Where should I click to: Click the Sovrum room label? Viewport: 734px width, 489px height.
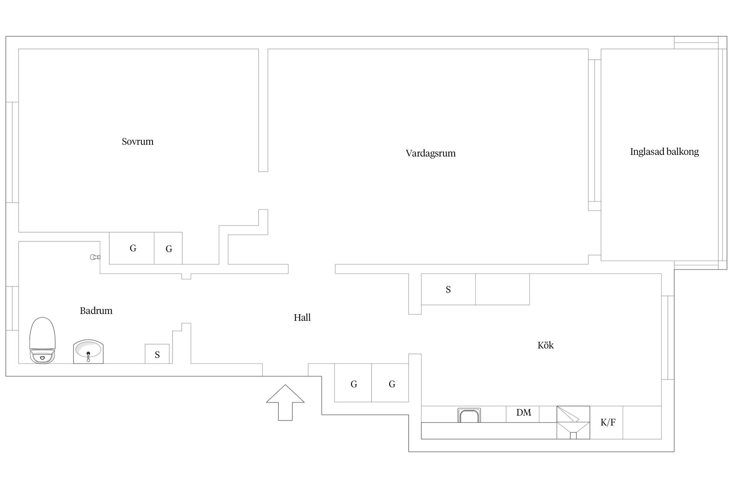[x=138, y=142]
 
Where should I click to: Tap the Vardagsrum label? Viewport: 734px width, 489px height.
[x=430, y=154]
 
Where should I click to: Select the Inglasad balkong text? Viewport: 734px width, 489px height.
[x=664, y=152]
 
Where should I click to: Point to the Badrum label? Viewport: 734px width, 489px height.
[x=96, y=311]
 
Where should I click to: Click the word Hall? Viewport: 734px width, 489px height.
[x=302, y=317]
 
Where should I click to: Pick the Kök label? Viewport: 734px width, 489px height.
[x=546, y=345]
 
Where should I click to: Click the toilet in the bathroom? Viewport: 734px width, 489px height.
[x=42, y=340]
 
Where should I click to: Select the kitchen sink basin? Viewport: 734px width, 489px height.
[x=469, y=415]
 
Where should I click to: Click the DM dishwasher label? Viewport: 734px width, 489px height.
[x=523, y=413]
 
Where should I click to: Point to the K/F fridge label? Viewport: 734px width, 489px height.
[x=608, y=422]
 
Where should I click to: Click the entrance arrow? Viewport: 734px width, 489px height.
[x=285, y=403]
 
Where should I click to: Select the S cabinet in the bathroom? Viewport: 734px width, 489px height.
[x=157, y=354]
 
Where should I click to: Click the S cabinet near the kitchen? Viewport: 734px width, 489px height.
[x=448, y=289]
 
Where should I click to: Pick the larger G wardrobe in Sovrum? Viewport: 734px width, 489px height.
[x=132, y=248]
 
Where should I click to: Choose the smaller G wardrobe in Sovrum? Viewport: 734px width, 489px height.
[x=168, y=248]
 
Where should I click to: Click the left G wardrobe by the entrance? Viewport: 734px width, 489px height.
[x=353, y=383]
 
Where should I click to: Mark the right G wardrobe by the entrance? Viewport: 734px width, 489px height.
[x=390, y=383]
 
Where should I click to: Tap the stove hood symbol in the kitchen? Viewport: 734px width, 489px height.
[x=573, y=423]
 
